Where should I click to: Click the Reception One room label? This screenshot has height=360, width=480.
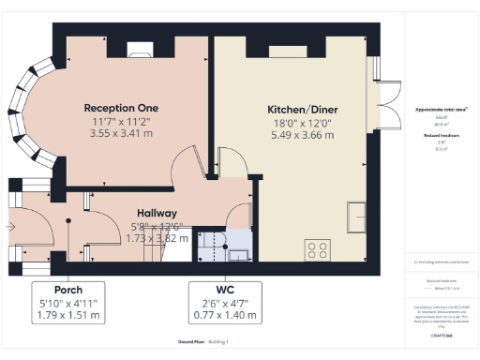click(121, 107)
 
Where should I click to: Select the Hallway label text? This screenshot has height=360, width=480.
click(157, 213)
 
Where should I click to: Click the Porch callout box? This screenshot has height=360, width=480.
click(67, 302)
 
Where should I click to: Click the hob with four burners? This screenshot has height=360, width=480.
click(318, 249)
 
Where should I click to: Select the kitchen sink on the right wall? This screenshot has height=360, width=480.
click(357, 217)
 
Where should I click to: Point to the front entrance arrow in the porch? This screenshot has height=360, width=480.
click(11, 226)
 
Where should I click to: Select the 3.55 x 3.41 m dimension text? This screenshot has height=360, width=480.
click(121, 134)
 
